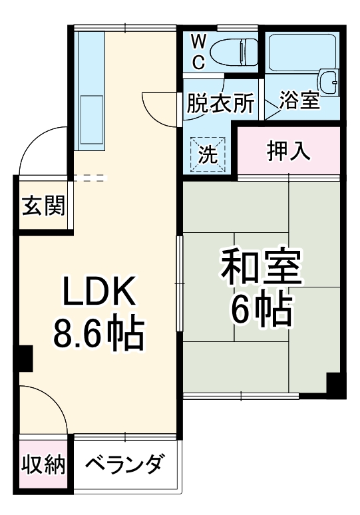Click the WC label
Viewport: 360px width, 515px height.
coord(199,52)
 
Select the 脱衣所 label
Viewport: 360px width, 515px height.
coord(220,104)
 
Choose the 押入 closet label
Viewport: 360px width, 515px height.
coord(288,152)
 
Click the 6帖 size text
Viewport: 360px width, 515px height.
coord(261,307)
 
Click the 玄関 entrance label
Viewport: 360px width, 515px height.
coord(43,206)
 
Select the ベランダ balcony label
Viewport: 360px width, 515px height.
coord(124,464)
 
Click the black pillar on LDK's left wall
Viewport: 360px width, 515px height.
coord(25,359)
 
